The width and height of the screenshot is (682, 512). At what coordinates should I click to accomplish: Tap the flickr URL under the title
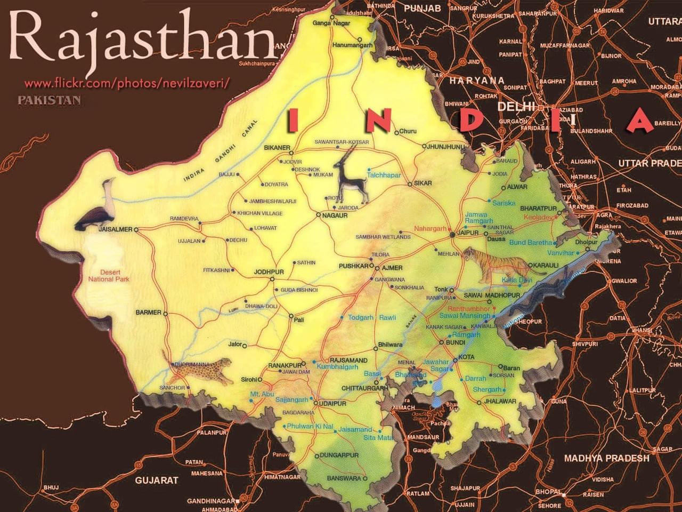(127, 83)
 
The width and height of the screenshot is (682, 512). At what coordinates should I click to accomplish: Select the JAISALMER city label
(115, 230)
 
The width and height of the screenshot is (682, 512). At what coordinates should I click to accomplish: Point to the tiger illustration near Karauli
(498, 263)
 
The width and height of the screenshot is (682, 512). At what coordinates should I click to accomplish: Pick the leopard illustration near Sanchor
(205, 369)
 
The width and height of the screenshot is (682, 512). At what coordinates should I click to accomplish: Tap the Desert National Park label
(109, 276)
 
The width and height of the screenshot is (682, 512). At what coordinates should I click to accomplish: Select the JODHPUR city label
(269, 272)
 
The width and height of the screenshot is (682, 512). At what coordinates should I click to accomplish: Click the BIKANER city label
(277, 148)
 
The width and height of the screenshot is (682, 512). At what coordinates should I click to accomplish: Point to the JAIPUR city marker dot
(452, 234)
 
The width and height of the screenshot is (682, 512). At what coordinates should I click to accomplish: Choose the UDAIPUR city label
(332, 404)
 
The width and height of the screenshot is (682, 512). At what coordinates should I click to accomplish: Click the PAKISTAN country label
(49, 100)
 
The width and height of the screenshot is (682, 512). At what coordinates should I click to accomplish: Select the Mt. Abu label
(262, 394)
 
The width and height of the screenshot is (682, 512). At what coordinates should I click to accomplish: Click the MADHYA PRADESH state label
(606, 458)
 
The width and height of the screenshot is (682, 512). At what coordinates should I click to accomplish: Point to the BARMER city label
(148, 313)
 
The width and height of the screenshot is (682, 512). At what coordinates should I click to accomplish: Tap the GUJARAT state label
(157, 480)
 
